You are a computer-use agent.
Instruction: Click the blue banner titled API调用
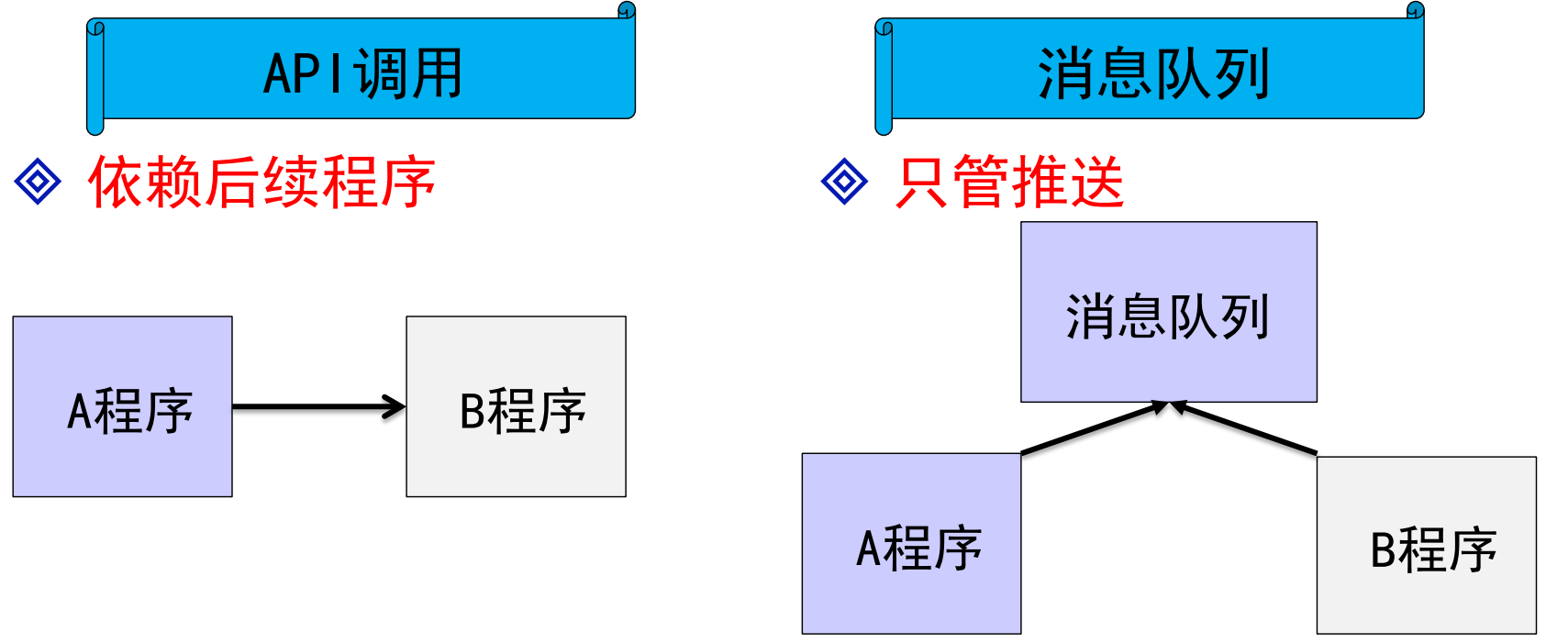(x=363, y=72)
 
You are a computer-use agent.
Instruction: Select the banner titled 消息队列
(x=1152, y=72)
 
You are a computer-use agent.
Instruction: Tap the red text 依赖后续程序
(x=261, y=183)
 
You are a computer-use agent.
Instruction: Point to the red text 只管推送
(x=1009, y=183)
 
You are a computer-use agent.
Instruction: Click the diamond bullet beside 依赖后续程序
(x=38, y=181)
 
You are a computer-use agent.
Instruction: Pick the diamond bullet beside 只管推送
(x=844, y=181)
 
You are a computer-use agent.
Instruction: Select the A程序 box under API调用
(x=122, y=406)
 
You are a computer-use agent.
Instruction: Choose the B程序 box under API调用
(x=516, y=406)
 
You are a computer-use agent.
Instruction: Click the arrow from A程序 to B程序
(x=317, y=406)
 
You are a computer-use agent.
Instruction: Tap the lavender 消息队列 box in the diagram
(x=1168, y=312)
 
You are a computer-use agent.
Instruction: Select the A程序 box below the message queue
(x=911, y=543)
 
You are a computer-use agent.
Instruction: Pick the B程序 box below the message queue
(x=1426, y=545)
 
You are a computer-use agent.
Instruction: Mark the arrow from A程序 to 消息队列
(x=1092, y=428)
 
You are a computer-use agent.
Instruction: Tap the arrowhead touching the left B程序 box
(x=395, y=406)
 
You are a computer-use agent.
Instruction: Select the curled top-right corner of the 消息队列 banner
(x=1416, y=11)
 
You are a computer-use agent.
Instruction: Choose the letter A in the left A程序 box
(x=80, y=411)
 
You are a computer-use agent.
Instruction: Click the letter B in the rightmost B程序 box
(x=1383, y=550)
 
